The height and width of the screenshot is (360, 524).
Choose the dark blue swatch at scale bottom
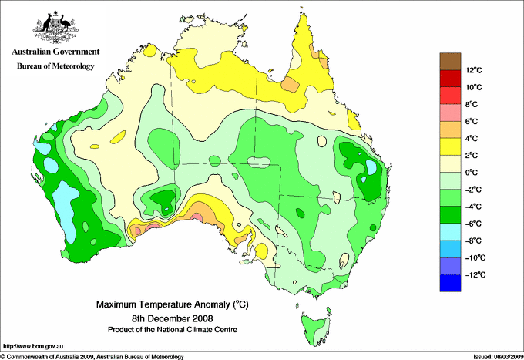click(x=451, y=284)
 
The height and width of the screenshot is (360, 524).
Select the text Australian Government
click(x=55, y=52)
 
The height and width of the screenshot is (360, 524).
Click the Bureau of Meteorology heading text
click(x=55, y=67)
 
